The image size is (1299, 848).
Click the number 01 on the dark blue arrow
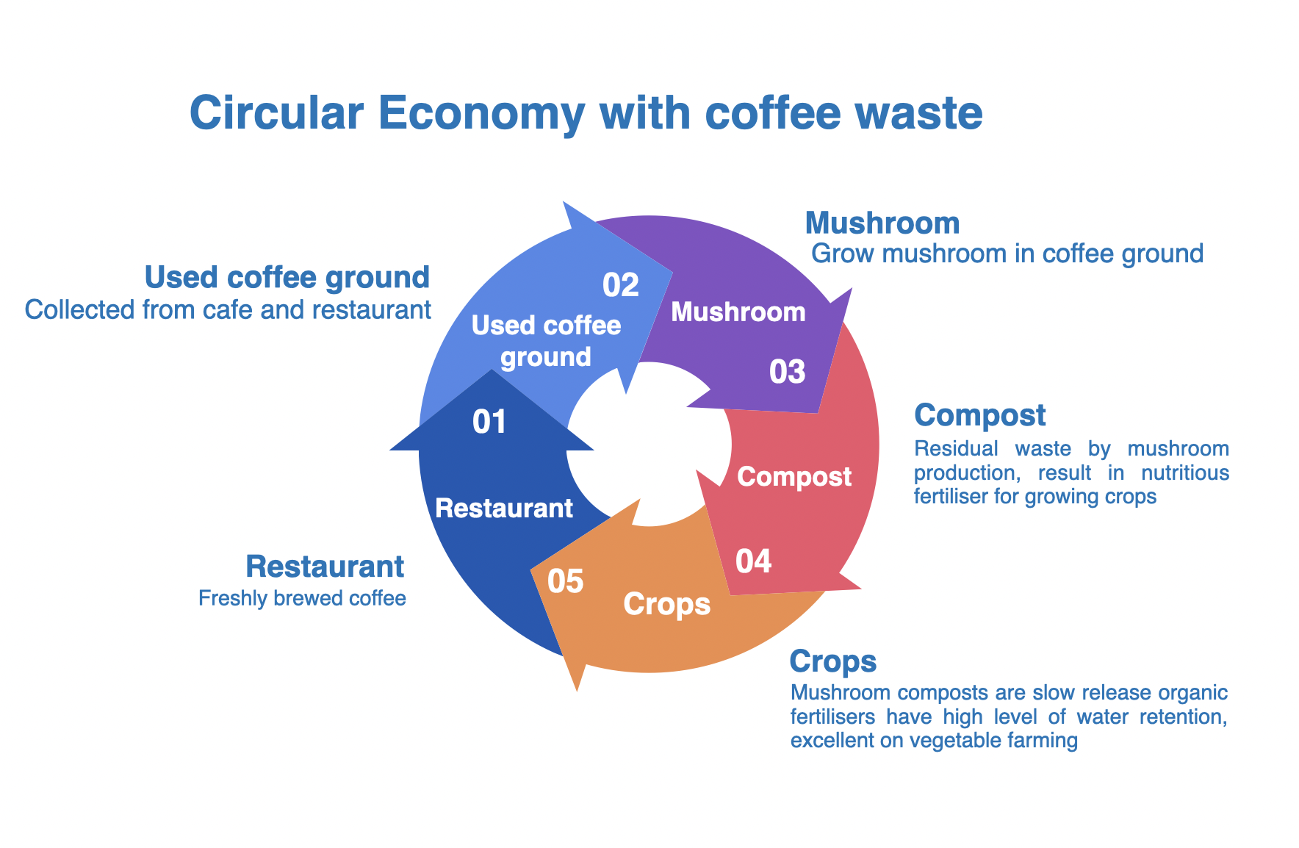[489, 422]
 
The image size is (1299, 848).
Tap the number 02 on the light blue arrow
[620, 285]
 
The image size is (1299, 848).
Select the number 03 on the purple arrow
[787, 372]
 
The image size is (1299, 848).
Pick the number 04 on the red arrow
[754, 561]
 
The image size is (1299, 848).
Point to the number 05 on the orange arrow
[566, 581]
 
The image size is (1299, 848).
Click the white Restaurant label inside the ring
[504, 508]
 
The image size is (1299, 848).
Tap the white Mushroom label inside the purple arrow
[738, 312]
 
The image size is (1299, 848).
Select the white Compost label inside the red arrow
[794, 477]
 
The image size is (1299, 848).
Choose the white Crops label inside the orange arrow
[667, 604]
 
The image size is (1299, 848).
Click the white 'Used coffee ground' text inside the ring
[546, 341]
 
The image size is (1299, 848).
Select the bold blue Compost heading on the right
[980, 415]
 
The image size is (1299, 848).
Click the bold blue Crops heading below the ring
[833, 661]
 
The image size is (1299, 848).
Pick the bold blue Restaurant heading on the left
[325, 567]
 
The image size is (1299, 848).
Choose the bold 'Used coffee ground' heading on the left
[287, 278]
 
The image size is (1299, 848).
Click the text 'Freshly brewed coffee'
[302, 598]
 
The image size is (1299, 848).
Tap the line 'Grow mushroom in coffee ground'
[1007, 254]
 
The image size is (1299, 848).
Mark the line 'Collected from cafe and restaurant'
[228, 310]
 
